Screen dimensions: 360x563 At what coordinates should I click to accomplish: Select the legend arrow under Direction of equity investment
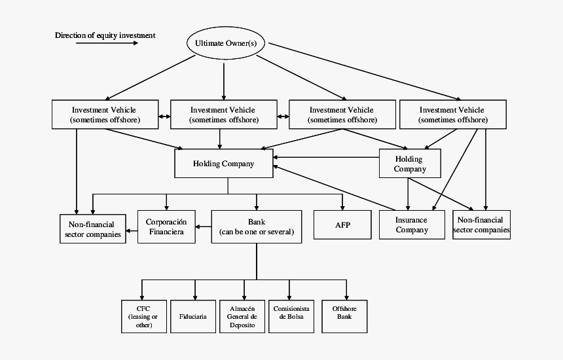107,43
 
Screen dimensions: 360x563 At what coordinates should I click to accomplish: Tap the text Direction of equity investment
105,35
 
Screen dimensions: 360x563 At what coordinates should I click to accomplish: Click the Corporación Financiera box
166,226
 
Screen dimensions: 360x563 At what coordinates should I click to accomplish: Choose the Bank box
256,226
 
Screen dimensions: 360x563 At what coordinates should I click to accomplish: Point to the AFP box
342,225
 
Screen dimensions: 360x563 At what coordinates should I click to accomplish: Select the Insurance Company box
412,225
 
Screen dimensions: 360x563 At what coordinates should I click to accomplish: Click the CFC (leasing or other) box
143,316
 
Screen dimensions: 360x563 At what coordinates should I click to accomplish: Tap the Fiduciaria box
193,316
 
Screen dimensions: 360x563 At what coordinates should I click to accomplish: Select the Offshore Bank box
344,316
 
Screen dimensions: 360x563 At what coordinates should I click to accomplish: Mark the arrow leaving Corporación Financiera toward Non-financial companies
132,230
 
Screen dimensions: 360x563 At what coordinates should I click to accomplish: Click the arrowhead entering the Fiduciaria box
194,296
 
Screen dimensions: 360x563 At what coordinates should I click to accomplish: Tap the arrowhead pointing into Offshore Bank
346,296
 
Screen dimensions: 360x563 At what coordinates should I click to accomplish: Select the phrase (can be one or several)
256,232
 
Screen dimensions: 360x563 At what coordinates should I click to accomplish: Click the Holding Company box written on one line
223,164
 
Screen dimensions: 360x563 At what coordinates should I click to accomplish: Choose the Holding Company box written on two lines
410,164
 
